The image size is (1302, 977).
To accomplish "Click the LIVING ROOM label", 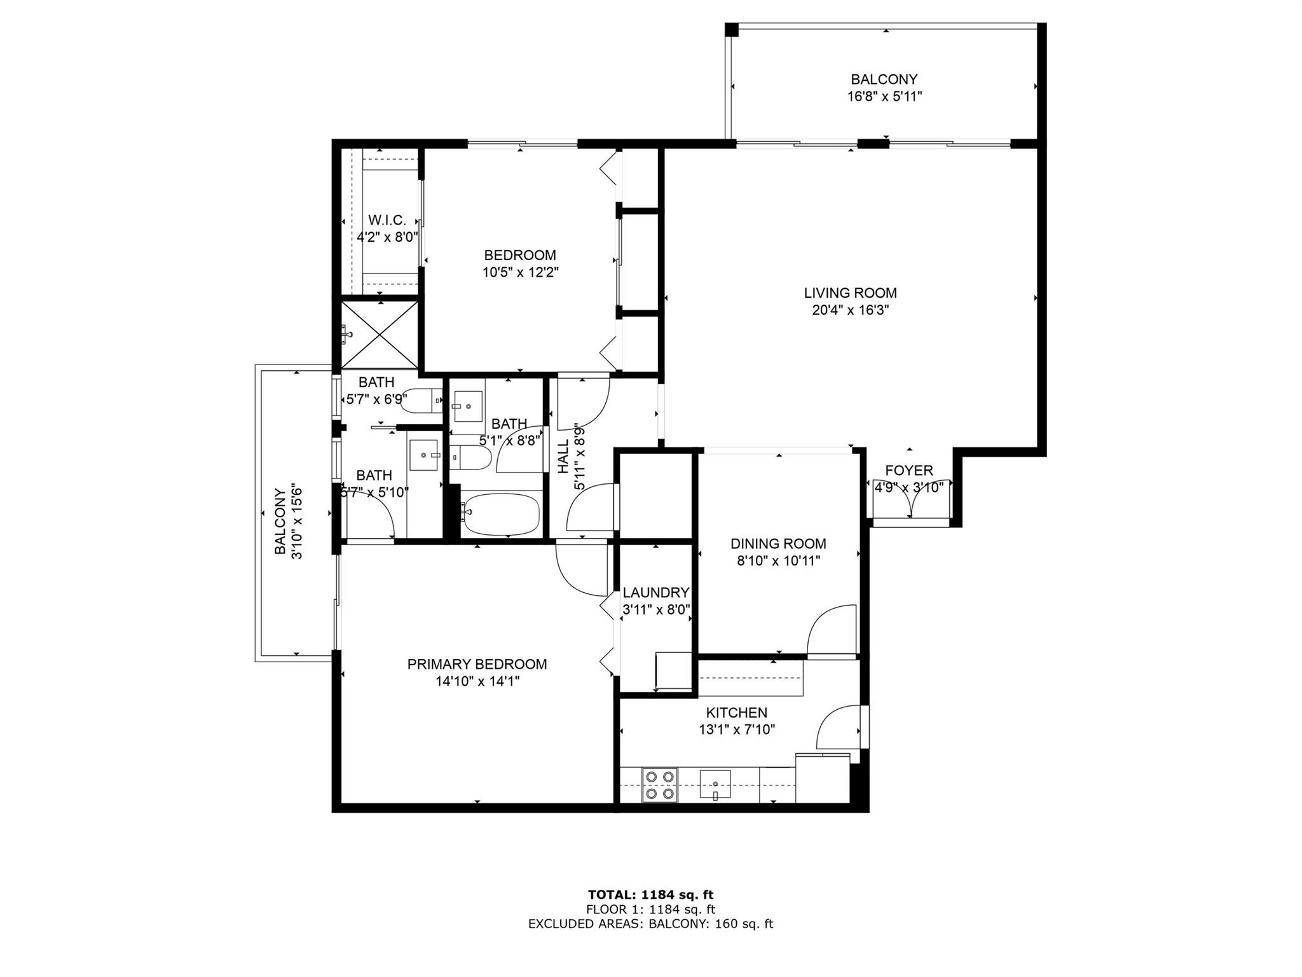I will [850, 293].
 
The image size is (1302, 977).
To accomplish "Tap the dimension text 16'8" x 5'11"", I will [884, 97].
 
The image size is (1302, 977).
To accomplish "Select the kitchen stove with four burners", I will [659, 785].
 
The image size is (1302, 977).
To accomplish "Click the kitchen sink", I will [715, 783].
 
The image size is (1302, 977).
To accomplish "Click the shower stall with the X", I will [380, 333].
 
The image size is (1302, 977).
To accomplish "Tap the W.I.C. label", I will [387, 220].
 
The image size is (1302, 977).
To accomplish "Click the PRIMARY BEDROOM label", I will [477, 664].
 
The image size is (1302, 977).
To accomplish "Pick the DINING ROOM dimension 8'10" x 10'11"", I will [778, 561].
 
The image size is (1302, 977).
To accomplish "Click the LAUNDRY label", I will [655, 593].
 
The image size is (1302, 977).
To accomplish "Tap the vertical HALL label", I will [563, 456].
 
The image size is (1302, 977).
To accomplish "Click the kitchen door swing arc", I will [838, 727].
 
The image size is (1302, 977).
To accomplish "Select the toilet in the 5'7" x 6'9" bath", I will [423, 400].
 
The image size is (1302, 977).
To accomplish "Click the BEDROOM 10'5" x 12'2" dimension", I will [520, 272].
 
